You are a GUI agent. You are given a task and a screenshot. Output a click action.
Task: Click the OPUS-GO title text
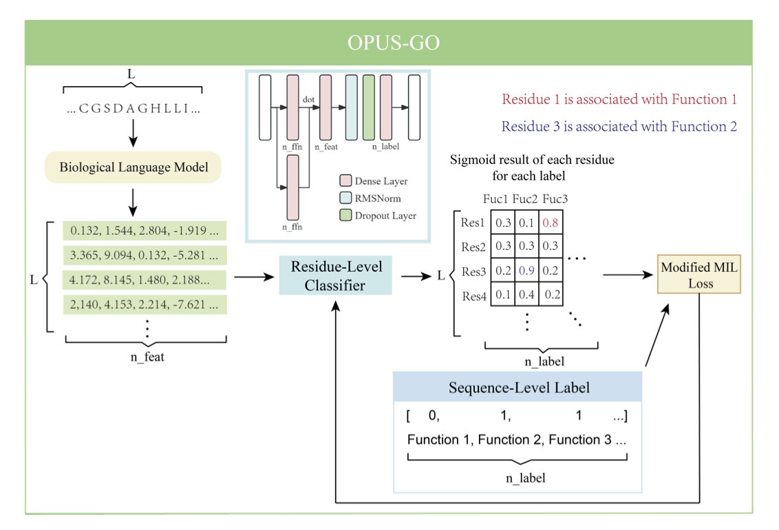tap(393, 43)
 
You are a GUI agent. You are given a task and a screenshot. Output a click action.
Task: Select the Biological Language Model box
tap(133, 167)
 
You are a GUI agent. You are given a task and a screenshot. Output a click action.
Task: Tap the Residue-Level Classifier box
tap(335, 276)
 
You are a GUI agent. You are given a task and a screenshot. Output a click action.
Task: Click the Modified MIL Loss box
tap(699, 275)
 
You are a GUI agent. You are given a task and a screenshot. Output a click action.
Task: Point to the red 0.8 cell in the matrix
tap(551, 222)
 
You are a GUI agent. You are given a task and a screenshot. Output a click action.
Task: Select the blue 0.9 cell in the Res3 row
tap(526, 271)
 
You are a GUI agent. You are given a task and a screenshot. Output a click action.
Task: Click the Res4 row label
tap(474, 297)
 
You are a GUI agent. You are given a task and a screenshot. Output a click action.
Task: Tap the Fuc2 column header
tap(524, 199)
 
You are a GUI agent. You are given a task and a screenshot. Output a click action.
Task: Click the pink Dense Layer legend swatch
tap(345, 180)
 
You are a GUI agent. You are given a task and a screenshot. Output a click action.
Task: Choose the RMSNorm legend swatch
tap(345, 198)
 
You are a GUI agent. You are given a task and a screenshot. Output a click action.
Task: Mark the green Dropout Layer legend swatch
tap(345, 215)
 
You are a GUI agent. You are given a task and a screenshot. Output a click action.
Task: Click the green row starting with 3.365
tap(145, 255)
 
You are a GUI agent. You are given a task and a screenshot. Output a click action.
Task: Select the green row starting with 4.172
tap(145, 280)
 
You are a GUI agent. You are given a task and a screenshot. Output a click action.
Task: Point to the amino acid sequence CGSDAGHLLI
tap(134, 108)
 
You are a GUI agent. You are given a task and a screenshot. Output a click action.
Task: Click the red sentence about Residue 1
tap(619, 99)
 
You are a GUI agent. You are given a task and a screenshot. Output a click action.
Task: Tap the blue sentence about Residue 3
tap(619, 127)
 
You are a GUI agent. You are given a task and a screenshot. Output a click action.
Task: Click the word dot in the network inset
tap(308, 99)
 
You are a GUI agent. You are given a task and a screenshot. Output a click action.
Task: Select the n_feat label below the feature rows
tap(147, 357)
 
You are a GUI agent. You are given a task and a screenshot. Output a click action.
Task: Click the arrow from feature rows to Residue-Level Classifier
tap(254, 277)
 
